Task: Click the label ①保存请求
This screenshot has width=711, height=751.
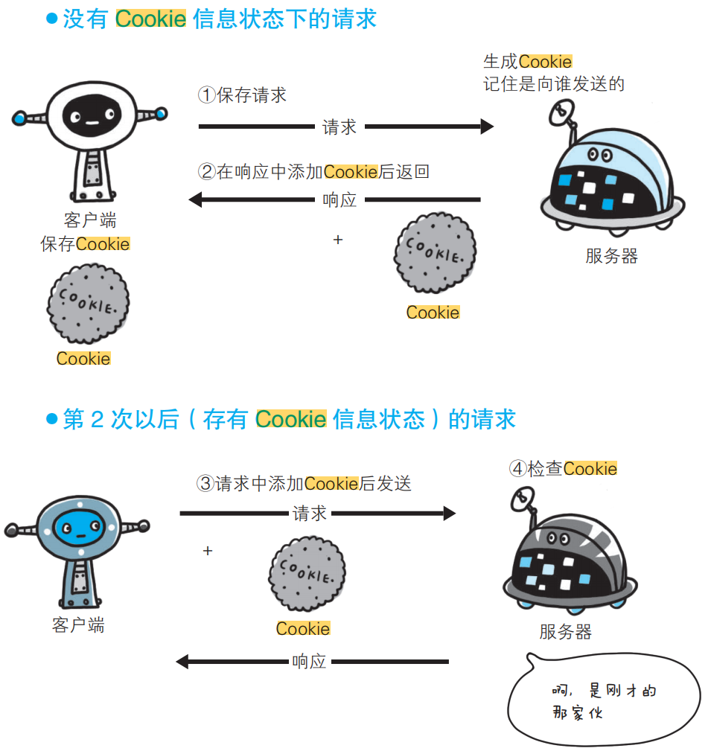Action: (x=242, y=95)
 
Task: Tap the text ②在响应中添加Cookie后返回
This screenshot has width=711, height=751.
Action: (x=313, y=172)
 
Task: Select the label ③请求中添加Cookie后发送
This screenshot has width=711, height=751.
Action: (x=304, y=484)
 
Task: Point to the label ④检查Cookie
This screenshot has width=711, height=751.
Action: (x=563, y=469)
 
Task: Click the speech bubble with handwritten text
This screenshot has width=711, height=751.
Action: (x=603, y=700)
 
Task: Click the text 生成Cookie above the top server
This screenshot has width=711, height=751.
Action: (x=527, y=62)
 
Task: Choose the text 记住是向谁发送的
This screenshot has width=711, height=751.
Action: (x=553, y=84)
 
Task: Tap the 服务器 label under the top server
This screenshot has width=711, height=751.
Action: (x=611, y=257)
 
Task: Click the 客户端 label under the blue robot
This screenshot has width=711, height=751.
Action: (x=78, y=625)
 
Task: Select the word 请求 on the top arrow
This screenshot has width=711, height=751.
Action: (x=339, y=127)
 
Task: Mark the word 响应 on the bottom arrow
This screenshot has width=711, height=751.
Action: (x=309, y=662)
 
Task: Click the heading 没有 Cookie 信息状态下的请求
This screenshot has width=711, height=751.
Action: (x=220, y=19)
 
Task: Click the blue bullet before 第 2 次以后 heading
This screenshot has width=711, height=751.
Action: (x=51, y=419)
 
